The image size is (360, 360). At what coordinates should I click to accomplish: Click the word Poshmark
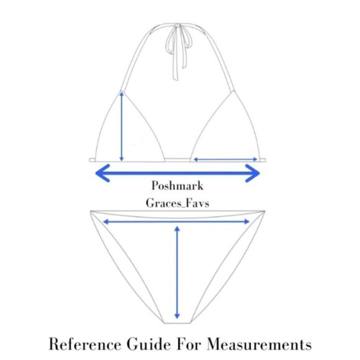(177, 186)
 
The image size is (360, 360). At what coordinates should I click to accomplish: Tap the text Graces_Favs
(177, 203)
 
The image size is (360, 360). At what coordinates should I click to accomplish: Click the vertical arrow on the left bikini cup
(122, 126)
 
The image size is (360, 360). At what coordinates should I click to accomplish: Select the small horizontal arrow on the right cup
(226, 159)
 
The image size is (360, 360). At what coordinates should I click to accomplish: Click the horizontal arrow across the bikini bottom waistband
(176, 222)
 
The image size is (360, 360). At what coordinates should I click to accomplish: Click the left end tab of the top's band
(92, 160)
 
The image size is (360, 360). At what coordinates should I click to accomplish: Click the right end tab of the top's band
(263, 160)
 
